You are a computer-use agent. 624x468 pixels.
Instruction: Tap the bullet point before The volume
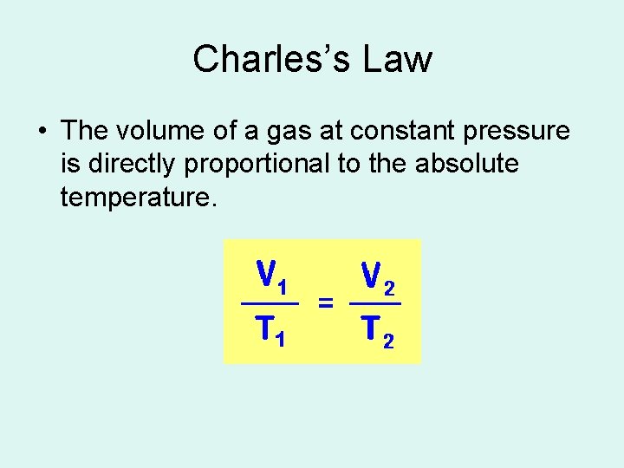pyautogui.click(x=42, y=132)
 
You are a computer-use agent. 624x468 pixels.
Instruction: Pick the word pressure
pyautogui.click(x=522, y=132)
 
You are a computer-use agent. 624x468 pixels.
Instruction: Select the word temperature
pyautogui.click(x=135, y=197)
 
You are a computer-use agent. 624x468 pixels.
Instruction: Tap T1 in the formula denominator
pyautogui.click(x=270, y=330)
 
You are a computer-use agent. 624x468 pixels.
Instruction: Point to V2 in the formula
pyautogui.click(x=379, y=277)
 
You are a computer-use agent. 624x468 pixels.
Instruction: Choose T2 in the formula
pyautogui.click(x=378, y=330)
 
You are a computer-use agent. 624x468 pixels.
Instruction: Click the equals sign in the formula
pyautogui.click(x=326, y=302)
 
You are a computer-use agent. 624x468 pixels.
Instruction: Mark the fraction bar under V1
pyautogui.click(x=270, y=304)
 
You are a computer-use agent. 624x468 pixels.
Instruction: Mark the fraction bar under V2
pyautogui.click(x=375, y=304)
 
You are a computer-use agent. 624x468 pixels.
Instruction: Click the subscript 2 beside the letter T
pyautogui.click(x=388, y=340)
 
